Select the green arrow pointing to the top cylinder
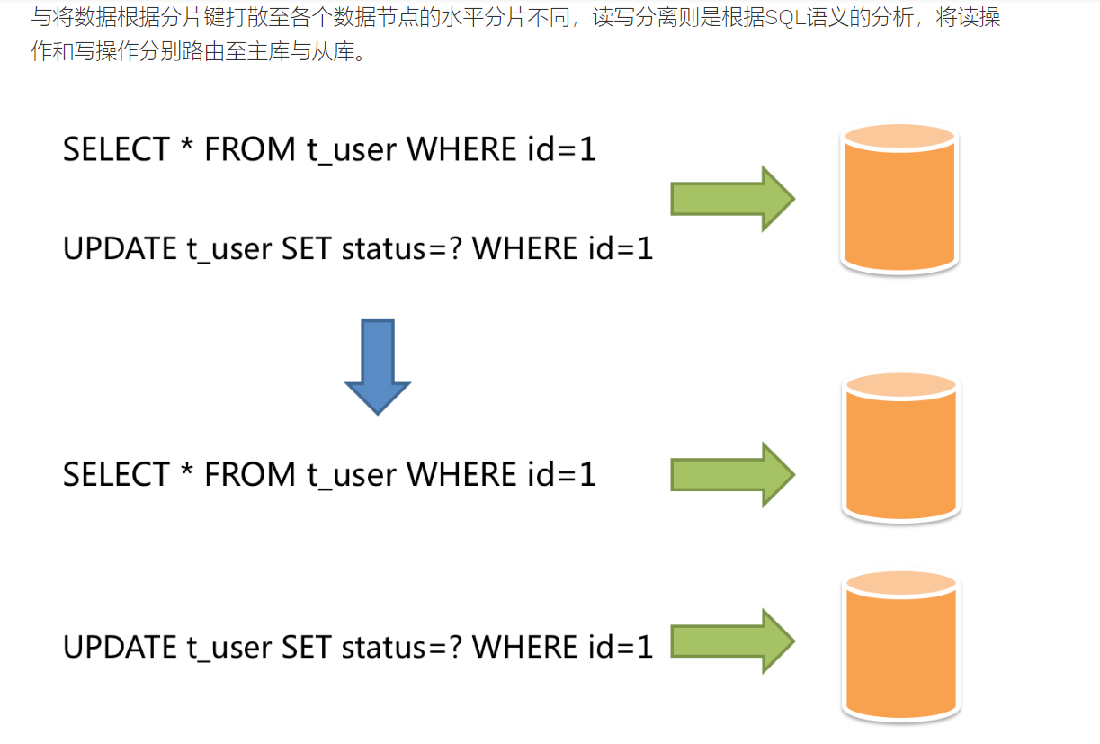pos(731,199)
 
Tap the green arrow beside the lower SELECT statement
pos(731,474)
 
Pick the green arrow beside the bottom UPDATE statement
pos(731,641)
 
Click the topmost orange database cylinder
pos(899,202)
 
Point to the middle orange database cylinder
pos(900,450)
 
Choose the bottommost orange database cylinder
pos(900,648)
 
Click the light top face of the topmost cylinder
pos(899,138)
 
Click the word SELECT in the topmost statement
pos(116,149)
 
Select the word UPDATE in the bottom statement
pos(120,647)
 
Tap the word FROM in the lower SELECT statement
pos(250,474)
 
